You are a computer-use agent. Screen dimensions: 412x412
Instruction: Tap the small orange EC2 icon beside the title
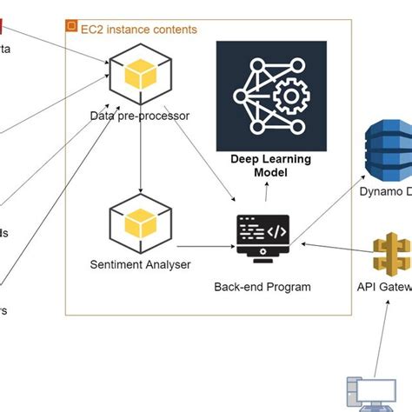tap(71, 27)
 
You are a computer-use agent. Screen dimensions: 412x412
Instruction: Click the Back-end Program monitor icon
tap(262, 235)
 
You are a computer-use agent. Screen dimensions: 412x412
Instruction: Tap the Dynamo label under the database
tap(385, 190)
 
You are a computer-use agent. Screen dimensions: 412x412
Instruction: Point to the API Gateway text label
tap(383, 286)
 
